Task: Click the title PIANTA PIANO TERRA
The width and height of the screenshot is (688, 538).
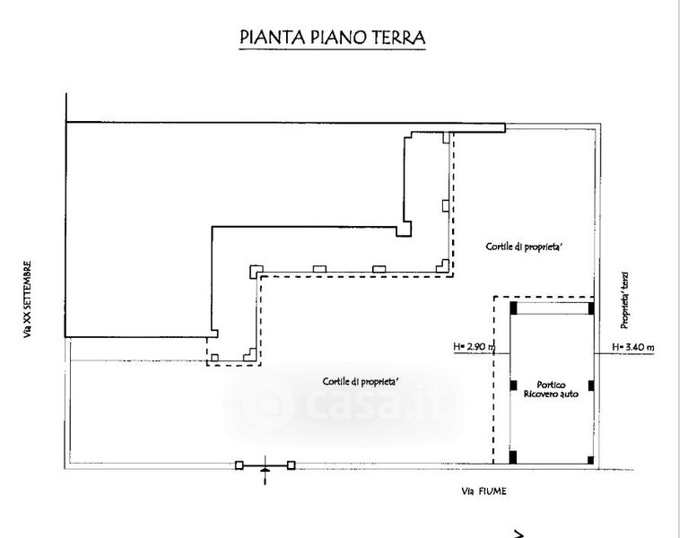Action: [x=332, y=38]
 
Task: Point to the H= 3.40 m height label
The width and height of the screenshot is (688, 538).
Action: [x=633, y=346]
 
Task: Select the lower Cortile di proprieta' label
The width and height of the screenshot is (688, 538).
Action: [x=361, y=381]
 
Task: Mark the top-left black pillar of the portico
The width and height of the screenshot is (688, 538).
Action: [x=513, y=307]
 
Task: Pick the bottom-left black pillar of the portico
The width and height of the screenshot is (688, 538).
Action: [x=513, y=457]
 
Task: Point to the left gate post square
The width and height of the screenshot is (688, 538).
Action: [x=239, y=465]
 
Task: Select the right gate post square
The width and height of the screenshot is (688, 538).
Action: [x=291, y=465]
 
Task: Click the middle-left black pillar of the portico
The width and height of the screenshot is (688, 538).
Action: [x=513, y=386]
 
